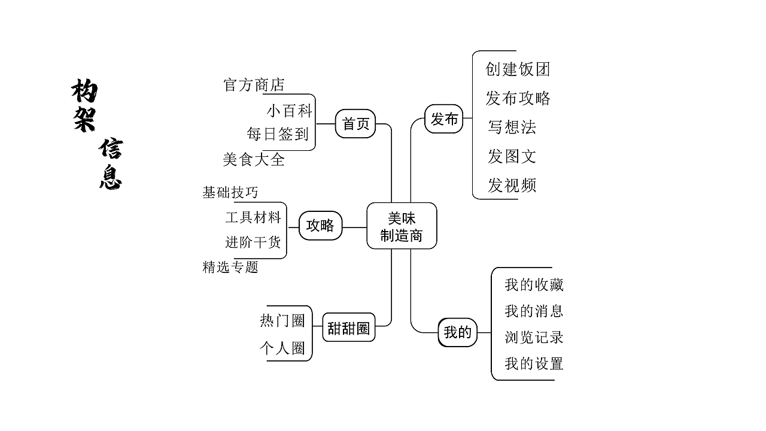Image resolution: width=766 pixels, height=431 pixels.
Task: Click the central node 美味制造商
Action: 402,226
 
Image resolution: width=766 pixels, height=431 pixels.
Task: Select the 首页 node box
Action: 355,124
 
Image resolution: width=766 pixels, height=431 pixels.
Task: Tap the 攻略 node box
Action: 320,226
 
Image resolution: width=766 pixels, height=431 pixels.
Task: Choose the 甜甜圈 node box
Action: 348,328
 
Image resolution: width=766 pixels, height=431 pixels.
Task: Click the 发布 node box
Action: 444,119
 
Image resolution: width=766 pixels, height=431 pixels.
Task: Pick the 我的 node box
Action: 458,332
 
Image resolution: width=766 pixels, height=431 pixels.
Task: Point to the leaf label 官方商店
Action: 254,85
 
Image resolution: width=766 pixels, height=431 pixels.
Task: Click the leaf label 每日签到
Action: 278,134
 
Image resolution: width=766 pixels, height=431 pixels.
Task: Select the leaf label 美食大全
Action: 254,160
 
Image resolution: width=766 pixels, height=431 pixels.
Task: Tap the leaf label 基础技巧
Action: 230,192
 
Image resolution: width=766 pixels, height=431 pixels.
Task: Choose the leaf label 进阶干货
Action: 253,242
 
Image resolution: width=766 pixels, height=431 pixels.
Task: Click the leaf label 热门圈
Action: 282,321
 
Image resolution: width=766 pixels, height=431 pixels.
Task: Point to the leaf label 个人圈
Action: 282,348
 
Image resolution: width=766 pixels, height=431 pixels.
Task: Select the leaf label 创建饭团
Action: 518,69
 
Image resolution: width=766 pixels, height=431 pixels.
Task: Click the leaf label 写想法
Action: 512,127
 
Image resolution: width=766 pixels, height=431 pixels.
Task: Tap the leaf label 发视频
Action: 512,186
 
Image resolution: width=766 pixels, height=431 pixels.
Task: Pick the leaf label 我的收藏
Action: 534,285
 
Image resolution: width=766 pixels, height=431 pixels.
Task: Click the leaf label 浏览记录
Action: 534,338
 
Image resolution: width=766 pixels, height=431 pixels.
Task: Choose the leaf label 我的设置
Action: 534,363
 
